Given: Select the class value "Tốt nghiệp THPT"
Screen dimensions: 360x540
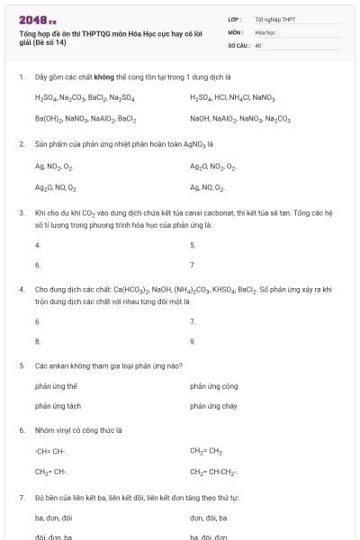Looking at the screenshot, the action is [274, 19].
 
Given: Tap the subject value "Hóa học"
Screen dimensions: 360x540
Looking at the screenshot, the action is [265, 31].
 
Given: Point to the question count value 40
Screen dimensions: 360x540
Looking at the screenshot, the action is [258, 44].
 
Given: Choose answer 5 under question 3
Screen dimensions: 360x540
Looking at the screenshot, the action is [193, 245].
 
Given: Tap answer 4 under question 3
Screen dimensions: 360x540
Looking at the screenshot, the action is [37, 245].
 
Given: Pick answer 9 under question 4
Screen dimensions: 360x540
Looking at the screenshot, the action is [193, 341].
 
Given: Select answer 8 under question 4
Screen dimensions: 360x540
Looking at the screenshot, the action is [37, 341].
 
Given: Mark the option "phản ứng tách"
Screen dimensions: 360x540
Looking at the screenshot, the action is [58, 406].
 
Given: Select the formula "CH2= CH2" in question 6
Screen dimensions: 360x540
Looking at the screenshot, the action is [206, 450].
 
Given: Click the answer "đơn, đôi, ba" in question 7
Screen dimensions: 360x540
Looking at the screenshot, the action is [209, 517].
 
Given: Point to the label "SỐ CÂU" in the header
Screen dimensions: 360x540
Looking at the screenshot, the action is [238, 44].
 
